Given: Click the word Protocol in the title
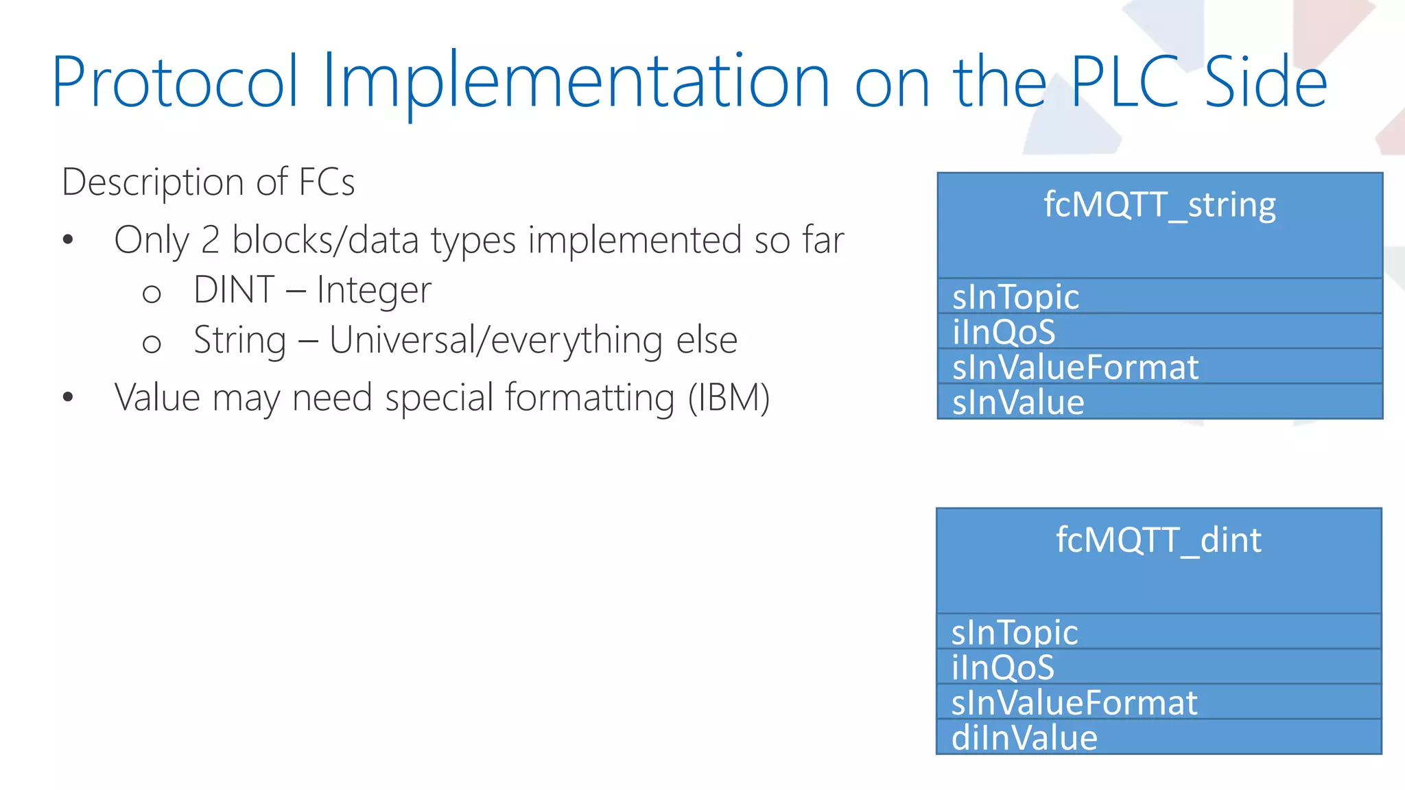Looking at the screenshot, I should tap(175, 82).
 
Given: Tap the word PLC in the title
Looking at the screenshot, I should tap(1125, 82).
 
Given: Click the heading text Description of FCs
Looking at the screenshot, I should tap(208, 182).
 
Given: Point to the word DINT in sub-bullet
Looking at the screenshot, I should tap(234, 289).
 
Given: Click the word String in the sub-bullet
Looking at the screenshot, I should tap(239, 341).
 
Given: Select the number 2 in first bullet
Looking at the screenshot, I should tap(210, 241).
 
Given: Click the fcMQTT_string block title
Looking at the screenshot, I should tap(1159, 205).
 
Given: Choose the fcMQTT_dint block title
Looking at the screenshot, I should tap(1158, 540).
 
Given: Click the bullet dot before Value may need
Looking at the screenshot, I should tap(67, 397).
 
